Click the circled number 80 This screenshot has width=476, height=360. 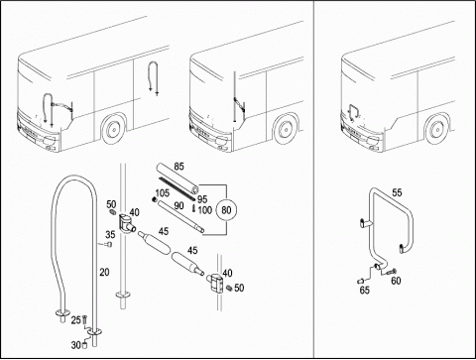tap(226, 210)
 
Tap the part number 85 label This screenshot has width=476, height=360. tap(178, 166)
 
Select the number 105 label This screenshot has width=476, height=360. tap(162, 193)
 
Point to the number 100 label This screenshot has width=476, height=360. tap(205, 210)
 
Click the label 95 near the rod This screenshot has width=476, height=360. tap(202, 199)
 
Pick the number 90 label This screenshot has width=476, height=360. tap(178, 206)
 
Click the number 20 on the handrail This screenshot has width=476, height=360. tap(104, 272)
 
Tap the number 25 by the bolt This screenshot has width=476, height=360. tap(76, 320)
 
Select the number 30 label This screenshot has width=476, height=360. tap(75, 345)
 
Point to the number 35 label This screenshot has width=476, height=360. tap(110, 234)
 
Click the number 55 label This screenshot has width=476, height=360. tap(397, 192)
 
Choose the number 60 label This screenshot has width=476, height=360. tap(396, 281)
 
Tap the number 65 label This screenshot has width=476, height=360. tap(365, 291)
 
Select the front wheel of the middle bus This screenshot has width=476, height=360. tap(285, 129)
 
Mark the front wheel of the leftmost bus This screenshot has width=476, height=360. tap(113, 129)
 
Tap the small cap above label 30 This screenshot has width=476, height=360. tap(84, 345)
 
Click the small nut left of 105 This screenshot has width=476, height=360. tap(154, 199)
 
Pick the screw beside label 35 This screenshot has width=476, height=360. tap(108, 245)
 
